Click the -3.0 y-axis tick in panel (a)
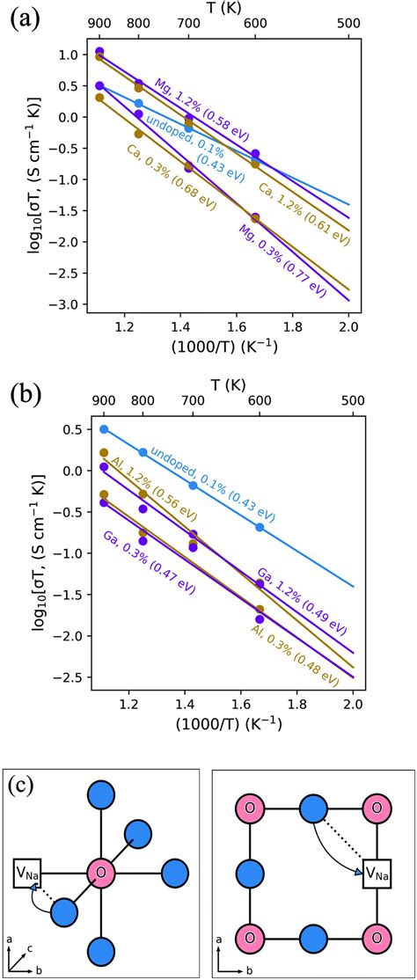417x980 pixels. [69, 304]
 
